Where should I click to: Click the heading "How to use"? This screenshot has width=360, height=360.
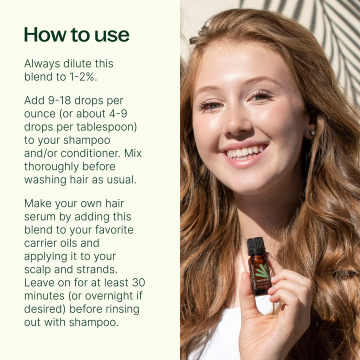(76, 35)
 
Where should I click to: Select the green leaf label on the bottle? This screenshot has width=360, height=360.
(262, 272)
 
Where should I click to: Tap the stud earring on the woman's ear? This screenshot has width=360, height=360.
(313, 132)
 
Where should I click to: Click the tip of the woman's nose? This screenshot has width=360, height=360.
(235, 129)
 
